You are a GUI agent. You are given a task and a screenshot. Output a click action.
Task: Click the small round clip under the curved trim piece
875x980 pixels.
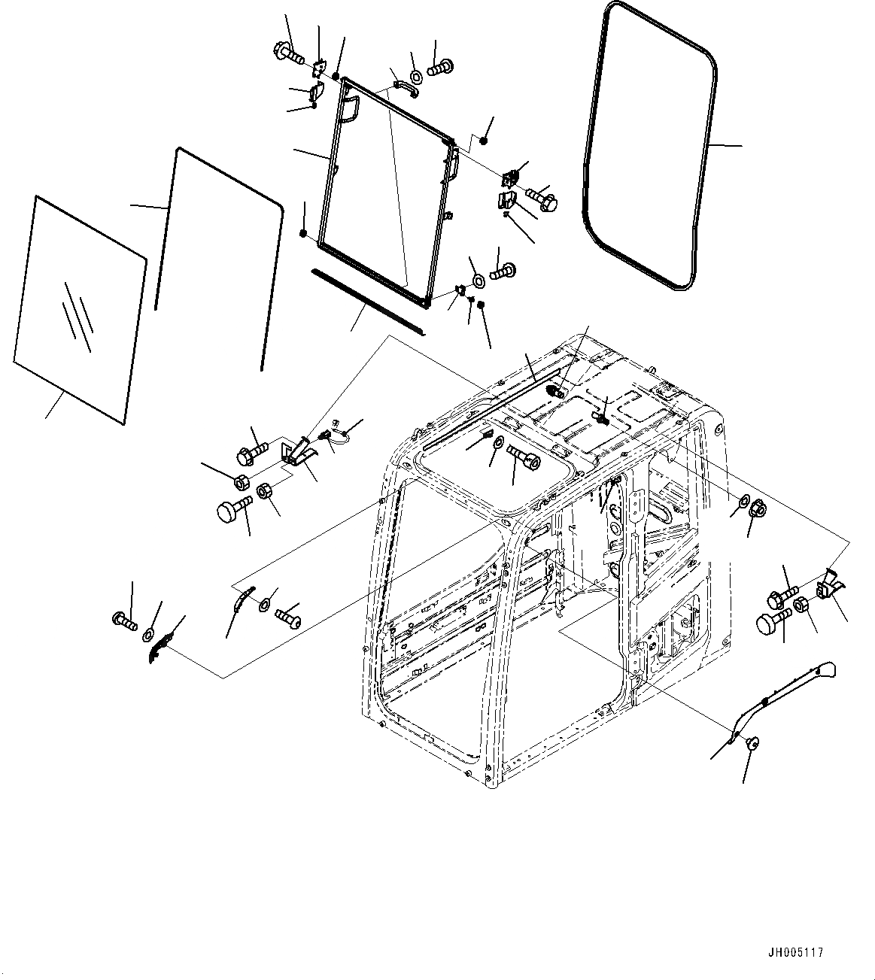click(750, 743)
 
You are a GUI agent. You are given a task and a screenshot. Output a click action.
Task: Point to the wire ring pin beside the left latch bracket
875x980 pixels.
click(336, 434)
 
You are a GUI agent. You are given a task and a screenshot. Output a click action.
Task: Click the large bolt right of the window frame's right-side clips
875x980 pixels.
click(543, 199)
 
